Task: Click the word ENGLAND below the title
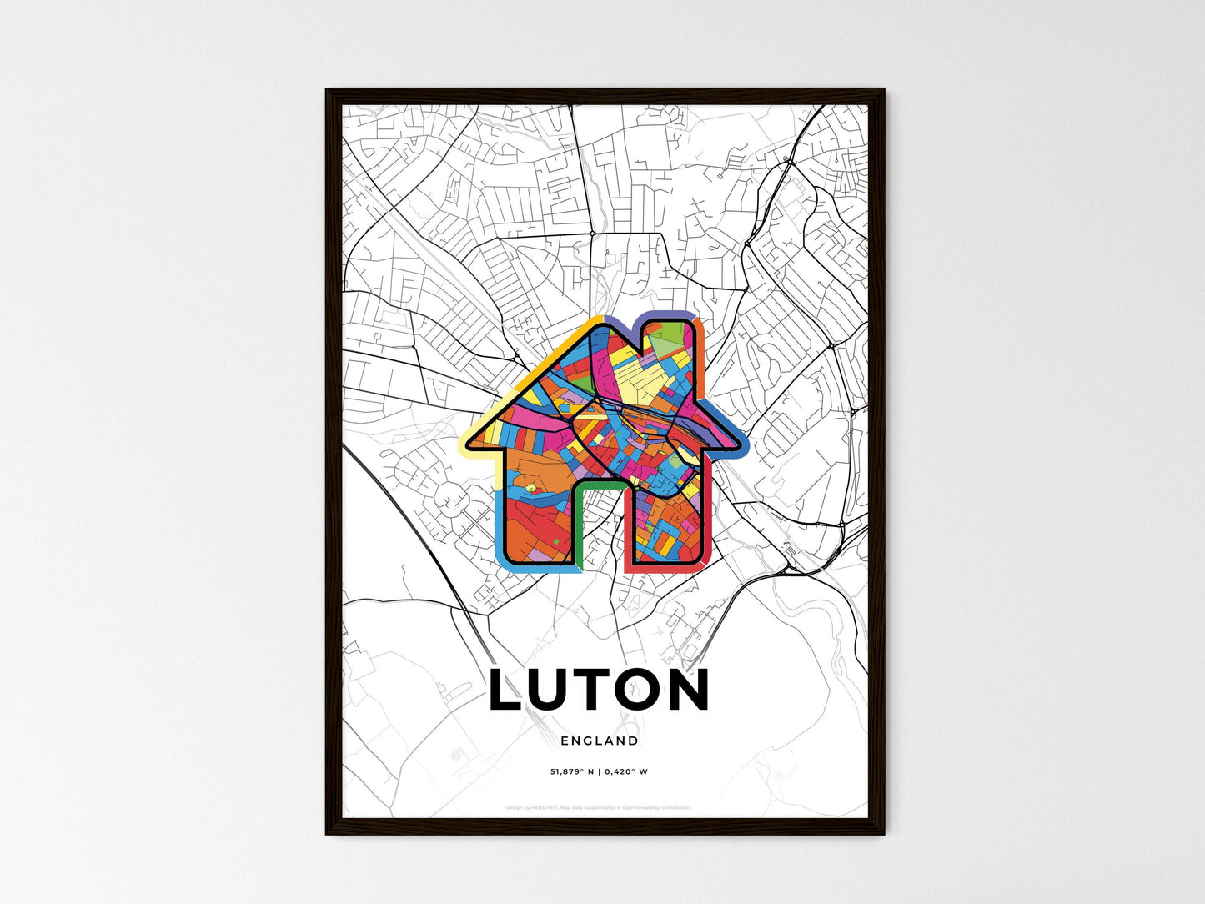click(600, 741)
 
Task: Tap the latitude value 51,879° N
click(571, 771)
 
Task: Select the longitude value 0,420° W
click(628, 771)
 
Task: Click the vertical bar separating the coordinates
click(600, 771)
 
